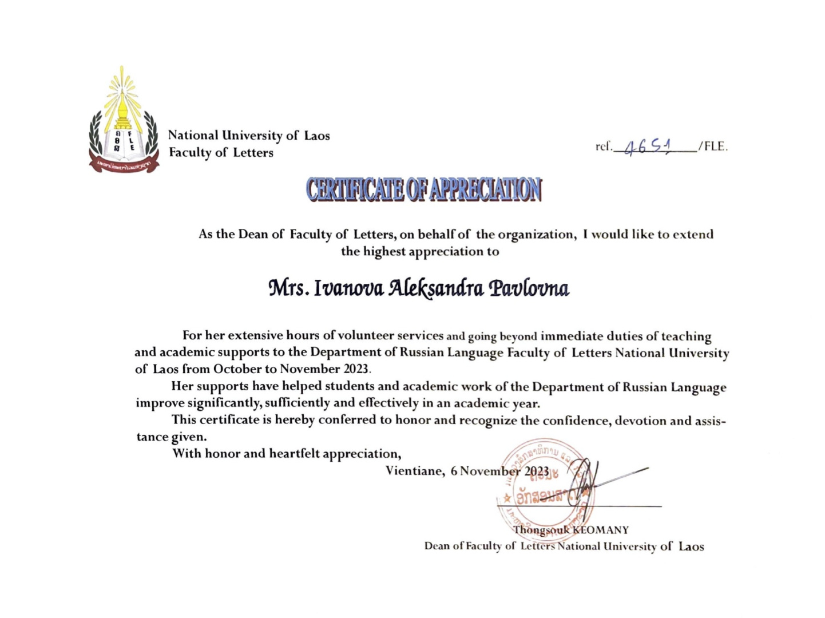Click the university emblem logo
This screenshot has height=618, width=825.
coord(124,120)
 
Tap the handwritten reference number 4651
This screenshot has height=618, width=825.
coord(648,147)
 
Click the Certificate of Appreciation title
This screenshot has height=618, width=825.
coord(423,189)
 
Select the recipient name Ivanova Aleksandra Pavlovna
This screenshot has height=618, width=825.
coord(419,288)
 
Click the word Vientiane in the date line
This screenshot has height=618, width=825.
coord(414,471)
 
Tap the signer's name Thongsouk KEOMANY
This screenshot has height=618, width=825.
coord(570,530)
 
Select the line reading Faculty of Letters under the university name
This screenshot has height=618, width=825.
coord(221,153)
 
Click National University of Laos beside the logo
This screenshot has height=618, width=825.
coord(249,136)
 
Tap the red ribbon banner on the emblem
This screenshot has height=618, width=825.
coord(124,165)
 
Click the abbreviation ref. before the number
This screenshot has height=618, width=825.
coord(604,146)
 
